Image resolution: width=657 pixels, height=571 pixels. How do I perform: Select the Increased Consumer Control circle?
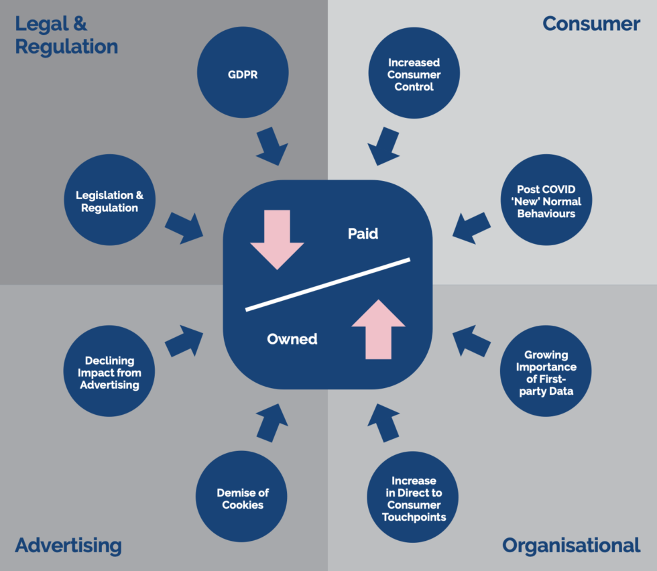click(x=414, y=74)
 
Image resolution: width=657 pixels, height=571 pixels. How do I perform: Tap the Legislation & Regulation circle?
click(x=109, y=201)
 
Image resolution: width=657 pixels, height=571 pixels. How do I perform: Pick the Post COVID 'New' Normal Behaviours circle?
click(x=546, y=201)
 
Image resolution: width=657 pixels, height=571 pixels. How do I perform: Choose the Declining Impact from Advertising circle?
click(x=109, y=372)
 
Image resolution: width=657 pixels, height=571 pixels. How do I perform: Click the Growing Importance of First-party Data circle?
click(x=546, y=372)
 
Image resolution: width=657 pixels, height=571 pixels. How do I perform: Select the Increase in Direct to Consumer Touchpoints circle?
click(x=414, y=498)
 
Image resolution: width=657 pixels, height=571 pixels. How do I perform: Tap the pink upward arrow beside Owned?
click(x=378, y=329)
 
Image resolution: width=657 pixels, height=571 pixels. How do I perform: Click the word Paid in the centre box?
click(x=363, y=233)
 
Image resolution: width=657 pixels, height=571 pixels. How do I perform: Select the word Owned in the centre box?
click(x=292, y=338)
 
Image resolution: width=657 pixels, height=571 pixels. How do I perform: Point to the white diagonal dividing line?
click(x=328, y=284)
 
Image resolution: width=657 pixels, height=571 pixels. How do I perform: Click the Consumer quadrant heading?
click(x=591, y=24)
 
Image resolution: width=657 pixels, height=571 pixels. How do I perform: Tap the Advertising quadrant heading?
click(x=68, y=545)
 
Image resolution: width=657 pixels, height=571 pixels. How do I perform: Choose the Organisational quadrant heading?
click(x=571, y=545)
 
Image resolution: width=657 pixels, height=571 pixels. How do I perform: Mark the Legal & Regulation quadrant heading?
click(x=66, y=36)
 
